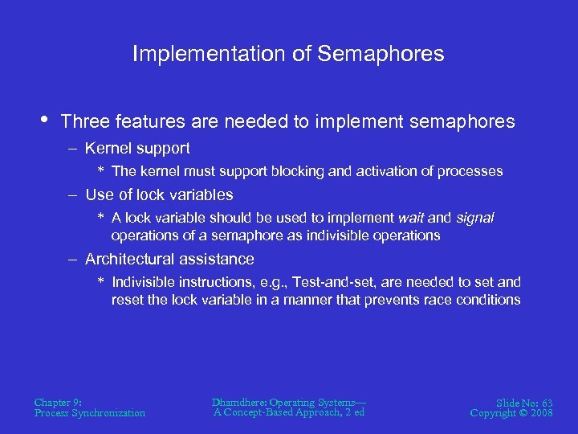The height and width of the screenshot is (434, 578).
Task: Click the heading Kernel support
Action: (x=137, y=148)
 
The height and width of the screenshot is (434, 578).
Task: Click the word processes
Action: (x=470, y=171)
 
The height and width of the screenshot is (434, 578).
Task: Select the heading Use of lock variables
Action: (x=159, y=194)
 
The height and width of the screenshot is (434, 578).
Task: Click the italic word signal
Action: (x=474, y=218)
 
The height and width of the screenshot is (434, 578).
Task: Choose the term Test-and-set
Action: (x=332, y=282)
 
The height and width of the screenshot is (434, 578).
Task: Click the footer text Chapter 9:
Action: (x=58, y=402)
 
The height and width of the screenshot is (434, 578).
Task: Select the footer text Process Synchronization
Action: (x=90, y=413)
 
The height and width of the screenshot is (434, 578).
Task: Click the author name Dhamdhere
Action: (x=238, y=401)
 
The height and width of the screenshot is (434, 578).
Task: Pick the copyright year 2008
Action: (x=540, y=413)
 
